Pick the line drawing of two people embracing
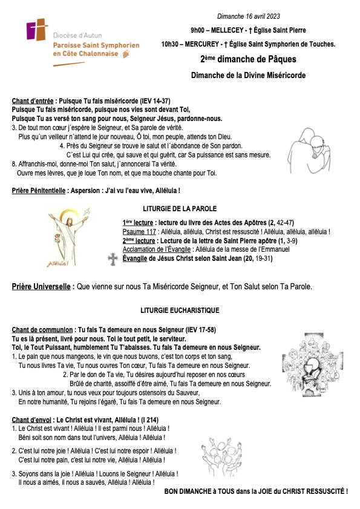tap(307, 157)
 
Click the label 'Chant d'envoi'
tap(32, 419)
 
